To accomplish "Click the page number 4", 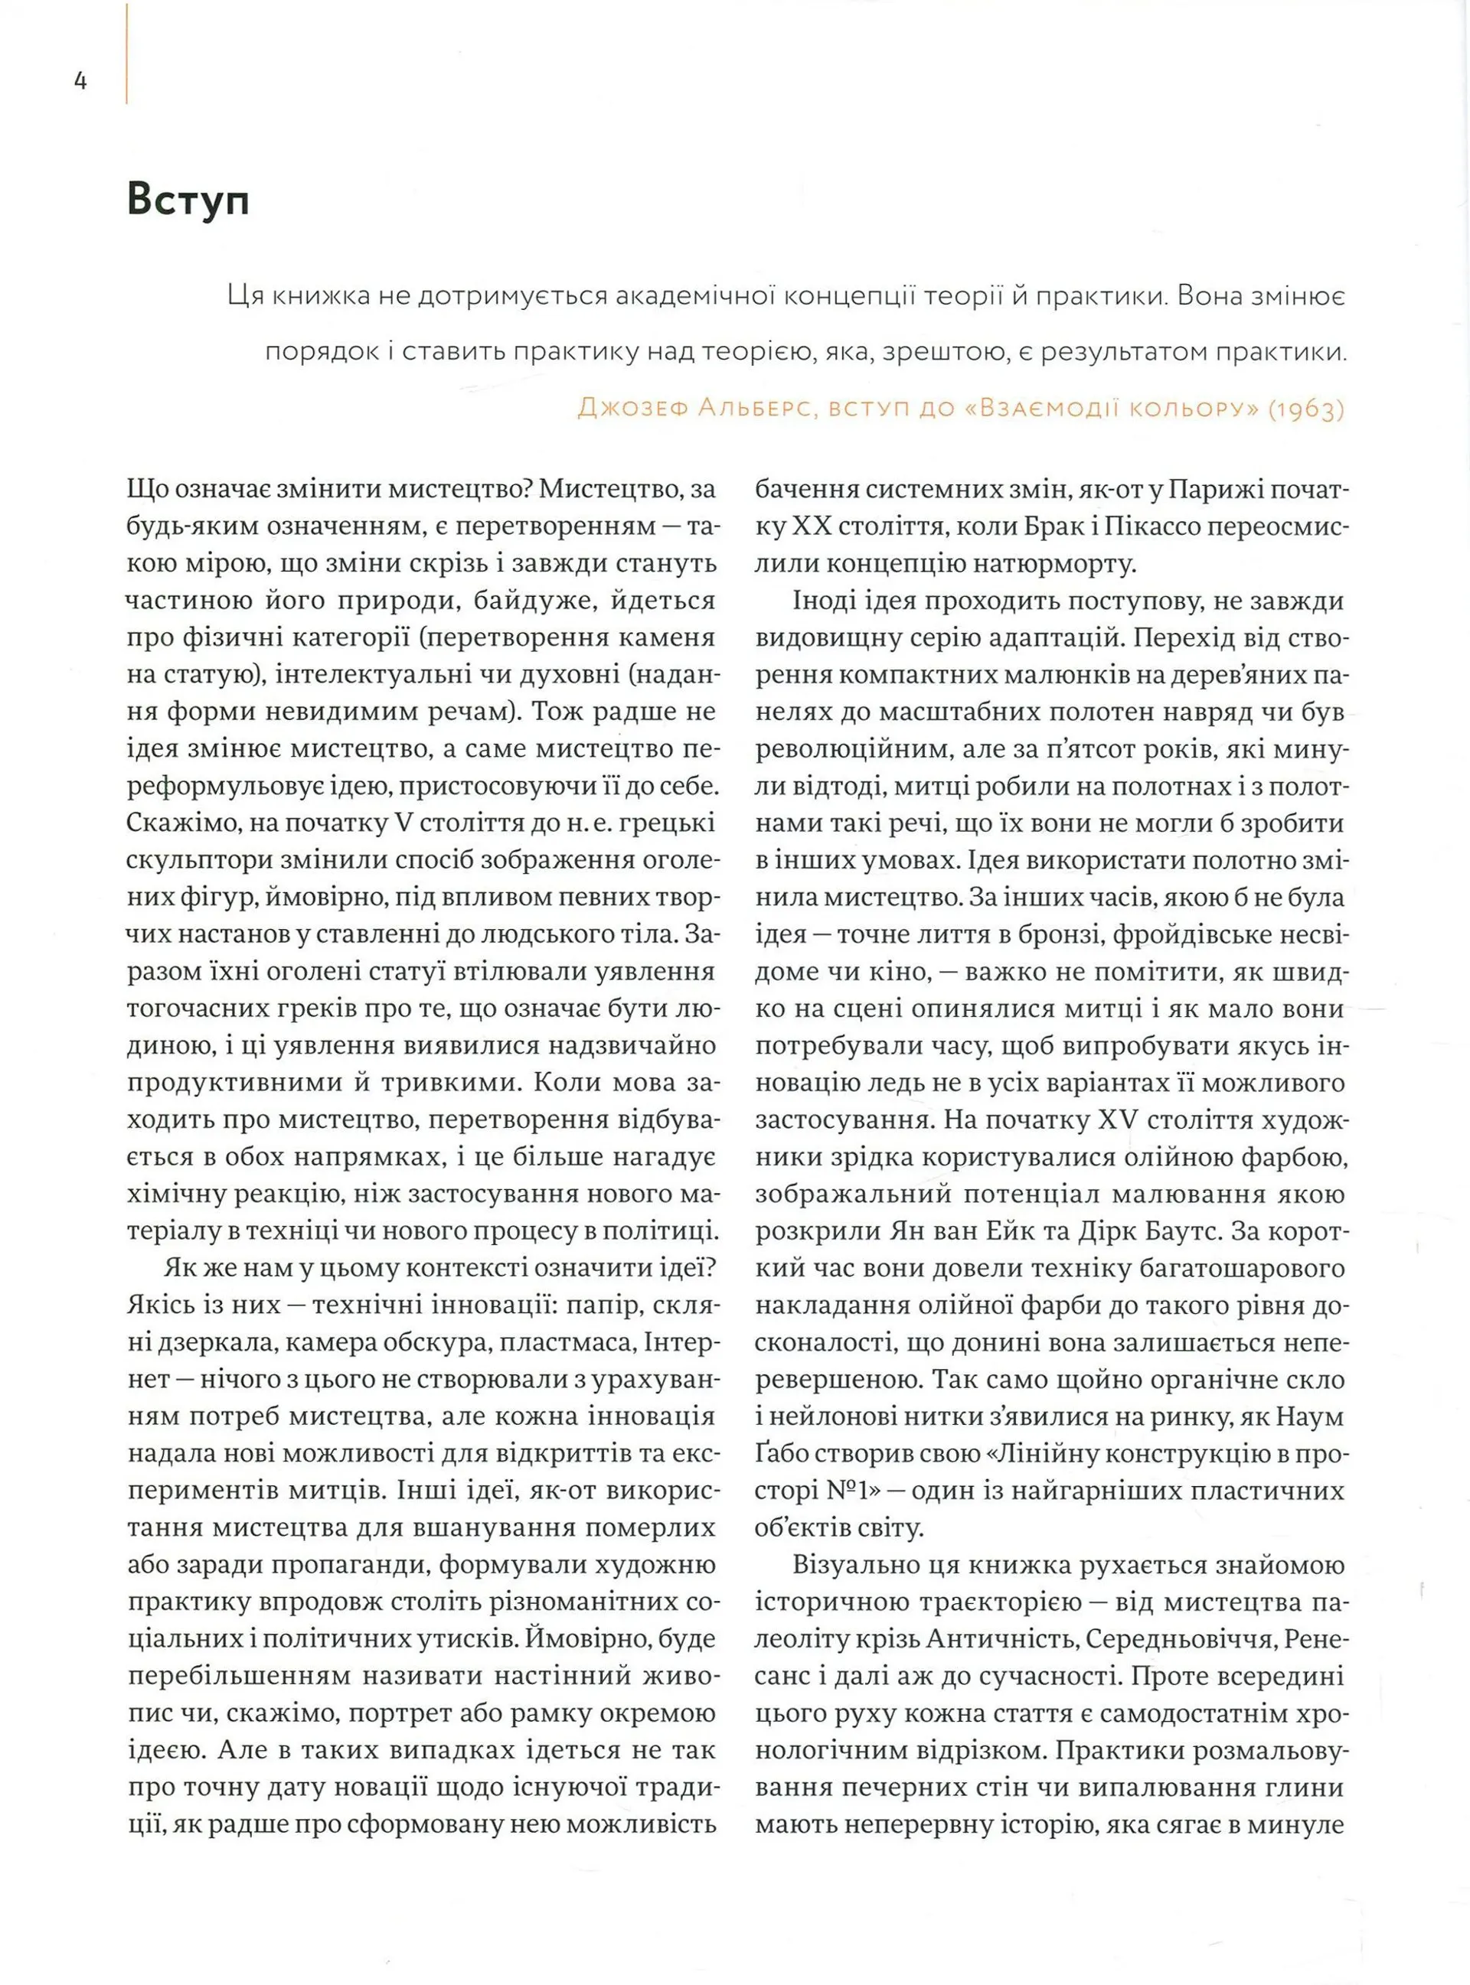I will click(x=80, y=82).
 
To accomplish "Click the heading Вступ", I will click(x=188, y=201).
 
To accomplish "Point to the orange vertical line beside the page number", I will click(x=127, y=54).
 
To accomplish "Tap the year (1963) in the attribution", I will click(x=1305, y=409).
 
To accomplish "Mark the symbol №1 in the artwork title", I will click(x=841, y=1491).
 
